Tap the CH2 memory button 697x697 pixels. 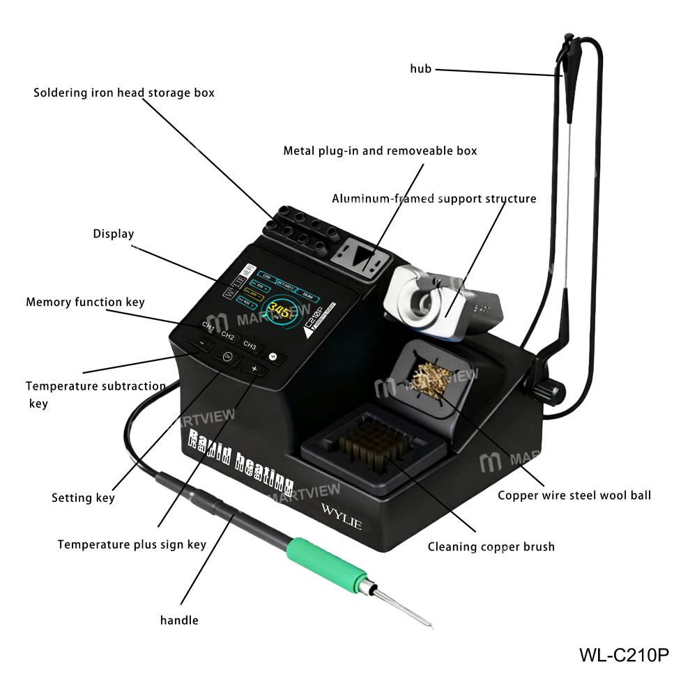tap(228, 335)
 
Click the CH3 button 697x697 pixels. tap(250, 345)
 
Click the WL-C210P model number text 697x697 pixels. tap(624, 655)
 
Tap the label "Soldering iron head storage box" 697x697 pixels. tap(124, 93)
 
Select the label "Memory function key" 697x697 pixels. tap(85, 302)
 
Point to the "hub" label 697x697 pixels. tap(420, 68)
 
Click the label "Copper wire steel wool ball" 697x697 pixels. tap(574, 496)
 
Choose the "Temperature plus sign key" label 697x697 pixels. tap(132, 544)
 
